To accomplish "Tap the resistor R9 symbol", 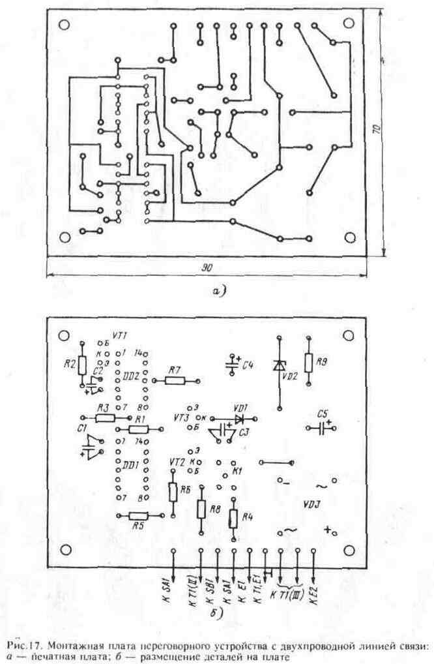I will (x=308, y=361).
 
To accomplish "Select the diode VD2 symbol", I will (x=279, y=367).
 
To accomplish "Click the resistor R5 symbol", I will (x=136, y=515).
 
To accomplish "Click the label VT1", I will (x=119, y=336).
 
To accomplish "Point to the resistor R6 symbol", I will (x=173, y=492).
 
